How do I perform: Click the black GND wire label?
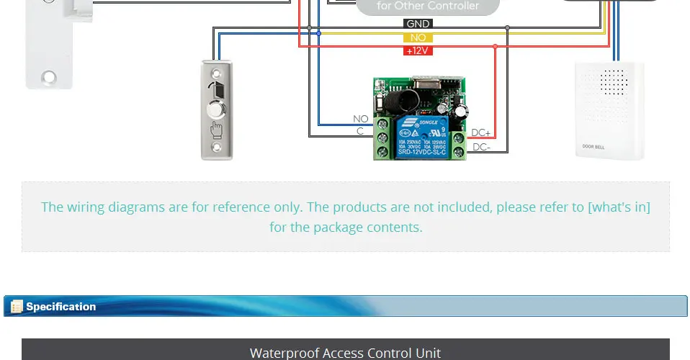click(418, 24)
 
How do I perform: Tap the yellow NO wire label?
click(418, 37)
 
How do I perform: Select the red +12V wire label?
click(418, 50)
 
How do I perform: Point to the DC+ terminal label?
click(480, 133)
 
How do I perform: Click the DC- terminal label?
click(480, 147)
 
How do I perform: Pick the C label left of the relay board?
click(360, 131)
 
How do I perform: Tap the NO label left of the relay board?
click(360, 119)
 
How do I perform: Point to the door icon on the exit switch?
click(216, 90)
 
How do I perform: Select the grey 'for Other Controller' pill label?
click(428, 6)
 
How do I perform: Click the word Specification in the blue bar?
click(61, 307)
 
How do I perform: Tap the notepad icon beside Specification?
click(17, 307)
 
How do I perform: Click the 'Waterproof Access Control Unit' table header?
click(345, 352)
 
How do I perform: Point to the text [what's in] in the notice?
click(619, 207)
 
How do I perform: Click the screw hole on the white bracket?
click(48, 75)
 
